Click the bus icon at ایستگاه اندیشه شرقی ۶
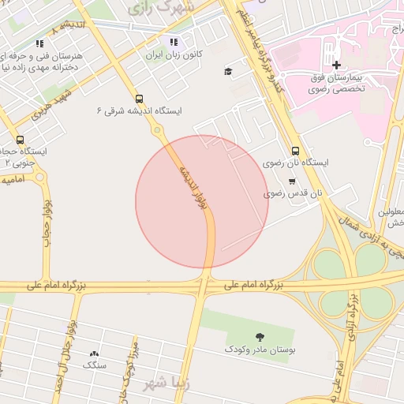click(x=140, y=99)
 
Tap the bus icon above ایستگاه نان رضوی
click(x=295, y=150)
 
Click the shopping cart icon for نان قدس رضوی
click(x=292, y=181)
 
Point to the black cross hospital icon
click(x=336, y=65)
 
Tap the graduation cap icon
click(x=228, y=72)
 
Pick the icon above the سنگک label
click(x=95, y=354)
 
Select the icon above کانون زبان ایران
click(x=173, y=43)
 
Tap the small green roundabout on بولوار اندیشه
click(x=158, y=129)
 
